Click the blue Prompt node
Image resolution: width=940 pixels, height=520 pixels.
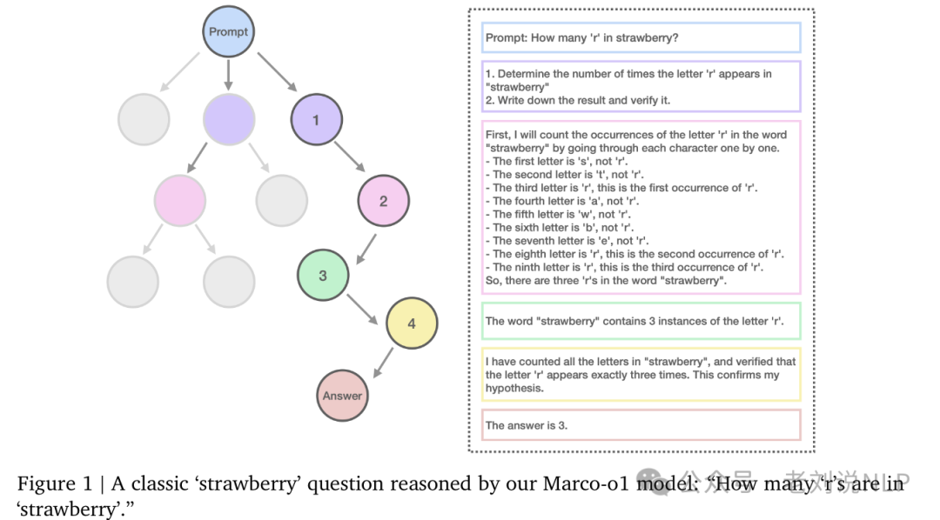pyautogui.click(x=228, y=32)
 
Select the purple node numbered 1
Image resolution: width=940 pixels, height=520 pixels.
pyautogui.click(x=316, y=120)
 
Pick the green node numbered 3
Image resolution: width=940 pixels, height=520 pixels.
pyautogui.click(x=323, y=276)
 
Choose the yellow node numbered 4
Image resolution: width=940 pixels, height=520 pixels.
pyautogui.click(x=412, y=323)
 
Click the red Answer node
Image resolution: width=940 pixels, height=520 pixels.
pyautogui.click(x=342, y=396)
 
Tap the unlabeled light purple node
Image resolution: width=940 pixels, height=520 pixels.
pyautogui.click(x=229, y=120)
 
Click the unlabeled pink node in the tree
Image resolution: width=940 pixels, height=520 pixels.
pyautogui.click(x=180, y=201)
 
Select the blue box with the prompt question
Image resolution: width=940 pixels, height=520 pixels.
pyautogui.click(x=641, y=38)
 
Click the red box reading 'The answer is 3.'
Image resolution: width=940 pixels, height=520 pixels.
pyautogui.click(x=641, y=425)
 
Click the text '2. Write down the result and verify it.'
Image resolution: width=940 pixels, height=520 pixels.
pyautogui.click(x=578, y=101)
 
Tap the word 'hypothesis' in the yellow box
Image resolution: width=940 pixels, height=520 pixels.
pyautogui.click(x=514, y=389)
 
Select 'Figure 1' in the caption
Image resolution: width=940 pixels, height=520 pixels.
pyautogui.click(x=54, y=483)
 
